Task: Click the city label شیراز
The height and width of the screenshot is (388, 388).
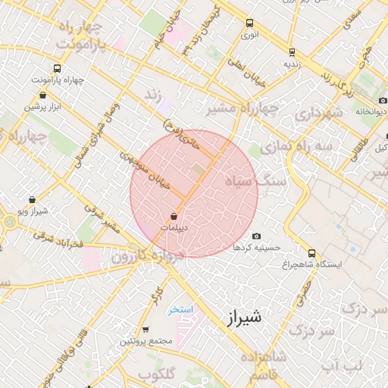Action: coord(243,317)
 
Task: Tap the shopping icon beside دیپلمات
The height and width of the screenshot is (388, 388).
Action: coord(175,215)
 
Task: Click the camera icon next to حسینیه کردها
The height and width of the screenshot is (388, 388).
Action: coord(256,236)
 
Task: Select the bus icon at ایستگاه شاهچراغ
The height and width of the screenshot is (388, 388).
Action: coord(312,253)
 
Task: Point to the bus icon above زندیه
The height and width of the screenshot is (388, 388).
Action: coord(292,52)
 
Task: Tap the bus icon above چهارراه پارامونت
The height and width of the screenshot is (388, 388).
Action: coord(58,67)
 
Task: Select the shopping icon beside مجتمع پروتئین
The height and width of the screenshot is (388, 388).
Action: coord(145,329)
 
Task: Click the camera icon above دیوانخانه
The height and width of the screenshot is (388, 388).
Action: coord(381,100)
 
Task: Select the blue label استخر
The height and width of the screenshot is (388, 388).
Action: coord(182,310)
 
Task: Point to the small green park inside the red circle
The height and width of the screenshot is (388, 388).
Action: coord(198,171)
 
